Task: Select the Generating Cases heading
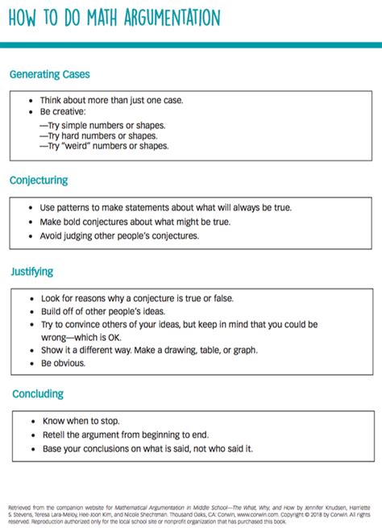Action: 49,74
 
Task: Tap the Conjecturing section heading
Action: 39,180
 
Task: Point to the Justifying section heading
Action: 32,272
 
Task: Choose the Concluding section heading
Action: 37,394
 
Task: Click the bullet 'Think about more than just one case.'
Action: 112,101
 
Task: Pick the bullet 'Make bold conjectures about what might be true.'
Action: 135,222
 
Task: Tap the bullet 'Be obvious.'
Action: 63,363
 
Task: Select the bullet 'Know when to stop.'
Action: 80,421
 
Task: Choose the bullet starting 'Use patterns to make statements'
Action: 165,207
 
